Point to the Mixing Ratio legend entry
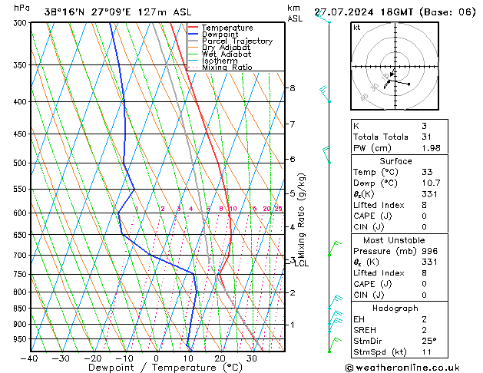pos(227,68)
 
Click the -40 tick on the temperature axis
pos(30,358)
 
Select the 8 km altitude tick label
pos(292,88)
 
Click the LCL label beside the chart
pos(303,264)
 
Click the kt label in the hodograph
pos(356,28)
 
